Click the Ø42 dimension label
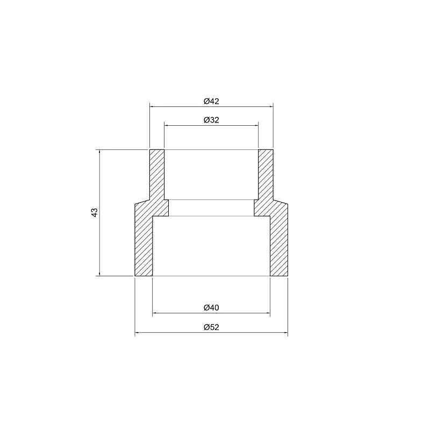(211, 101)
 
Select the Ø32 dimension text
(211, 120)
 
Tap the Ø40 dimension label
(211, 307)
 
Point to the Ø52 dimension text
(211, 327)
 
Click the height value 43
(94, 212)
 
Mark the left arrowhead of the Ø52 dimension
(137, 333)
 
